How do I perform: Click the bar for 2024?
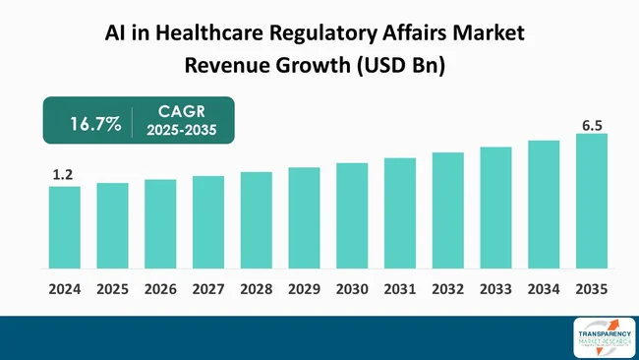tap(64, 227)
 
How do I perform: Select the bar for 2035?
tap(592, 202)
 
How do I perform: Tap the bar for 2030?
tap(352, 215)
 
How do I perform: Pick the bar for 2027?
tap(208, 222)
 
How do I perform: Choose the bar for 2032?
tap(448, 210)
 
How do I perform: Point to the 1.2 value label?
tap(63, 175)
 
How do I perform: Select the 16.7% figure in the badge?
tap(95, 124)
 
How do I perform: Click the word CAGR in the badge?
tap(182, 114)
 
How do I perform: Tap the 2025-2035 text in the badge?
tap(182, 133)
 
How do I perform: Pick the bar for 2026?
tap(160, 224)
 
